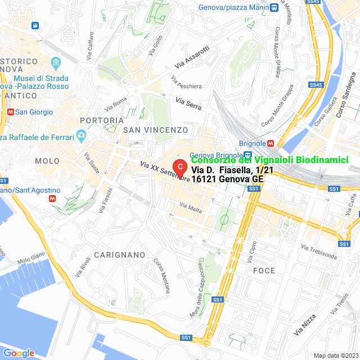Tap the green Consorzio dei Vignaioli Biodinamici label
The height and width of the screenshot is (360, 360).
tap(274, 160)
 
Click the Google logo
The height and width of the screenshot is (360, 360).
tap(19, 353)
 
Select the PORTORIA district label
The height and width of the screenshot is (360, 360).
tap(102, 120)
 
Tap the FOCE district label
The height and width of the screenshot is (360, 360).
tap(264, 271)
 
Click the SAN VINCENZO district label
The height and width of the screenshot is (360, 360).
tap(152, 130)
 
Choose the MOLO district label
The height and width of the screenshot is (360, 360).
tap(47, 161)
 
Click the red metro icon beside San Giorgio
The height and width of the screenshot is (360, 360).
tap(10, 112)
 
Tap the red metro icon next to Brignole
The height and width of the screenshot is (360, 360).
tap(271, 143)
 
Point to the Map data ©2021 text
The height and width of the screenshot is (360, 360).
tap(335, 355)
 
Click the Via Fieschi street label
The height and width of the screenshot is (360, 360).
tap(102, 200)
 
